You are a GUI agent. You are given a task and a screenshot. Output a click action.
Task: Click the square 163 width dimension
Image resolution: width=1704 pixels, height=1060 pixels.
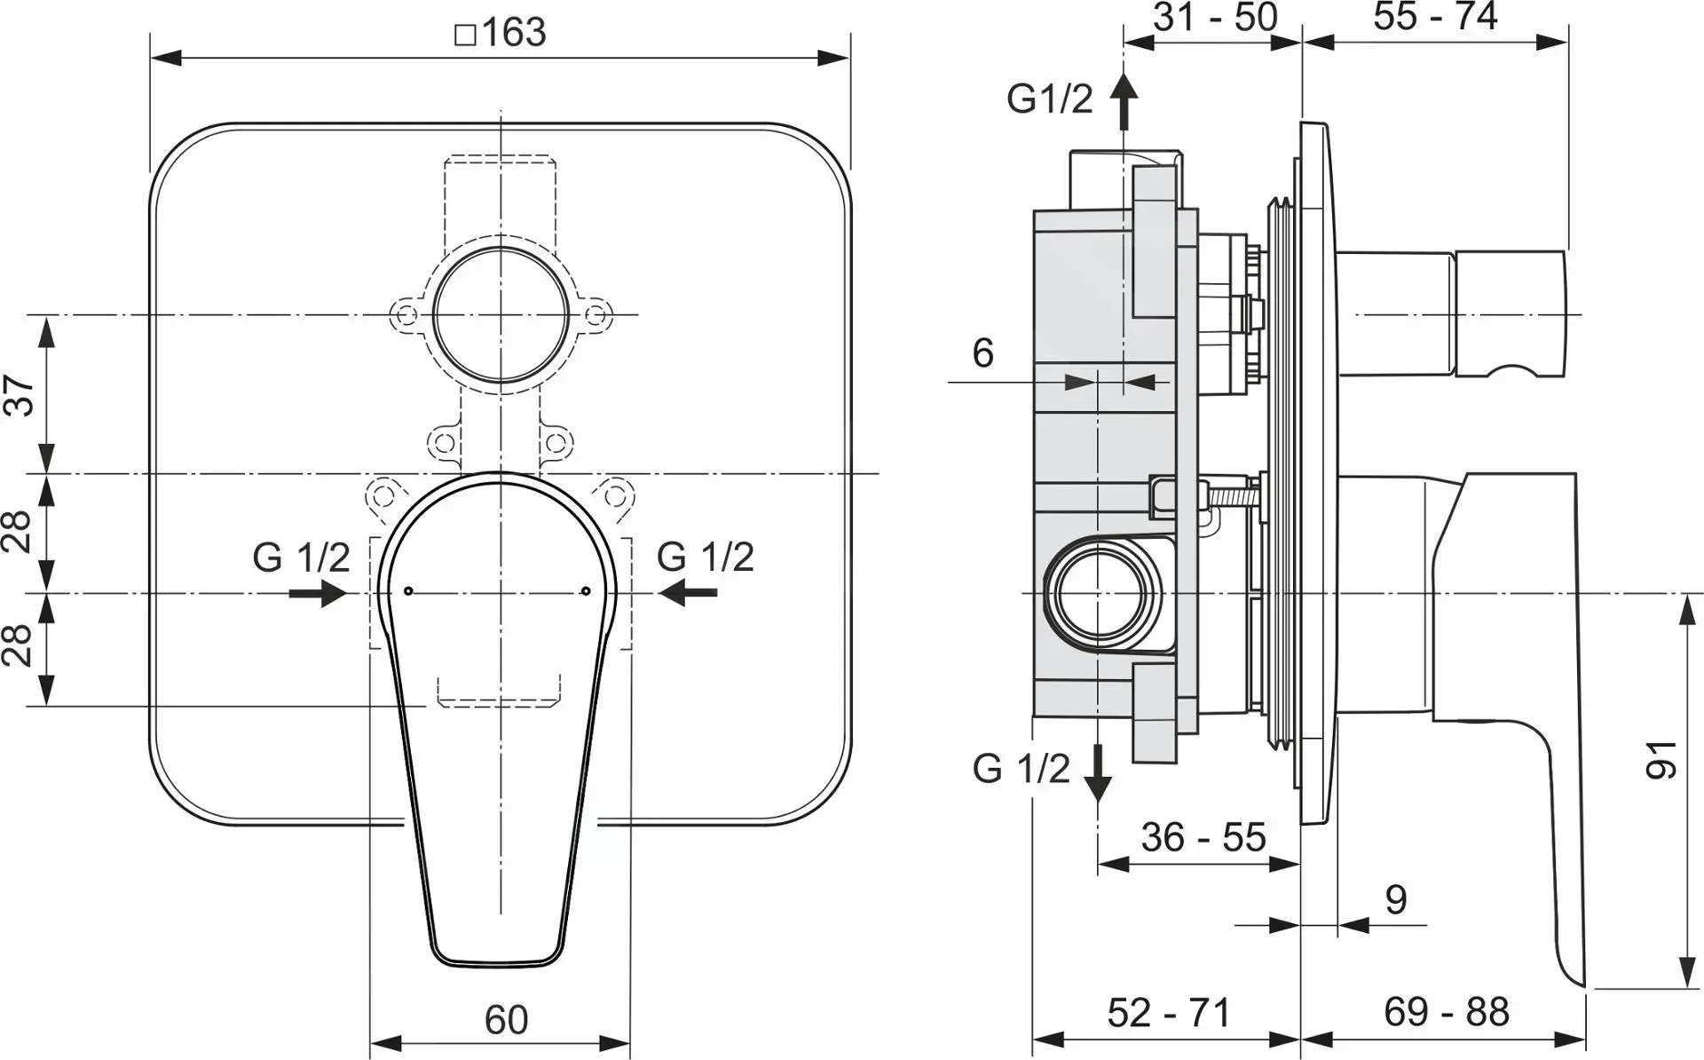pos(501,33)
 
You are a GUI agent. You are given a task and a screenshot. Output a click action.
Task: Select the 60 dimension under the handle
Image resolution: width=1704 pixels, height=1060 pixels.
pos(506,1019)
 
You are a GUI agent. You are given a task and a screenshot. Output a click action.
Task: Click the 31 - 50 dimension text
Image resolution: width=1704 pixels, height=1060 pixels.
pos(1215,17)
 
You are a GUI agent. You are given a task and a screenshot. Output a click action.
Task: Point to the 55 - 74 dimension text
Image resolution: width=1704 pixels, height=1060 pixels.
pos(1435,17)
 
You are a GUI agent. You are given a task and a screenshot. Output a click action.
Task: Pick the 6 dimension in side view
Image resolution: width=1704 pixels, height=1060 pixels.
pos(982,353)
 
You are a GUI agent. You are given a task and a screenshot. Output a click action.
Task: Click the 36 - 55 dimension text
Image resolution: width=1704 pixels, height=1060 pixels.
pos(1203,837)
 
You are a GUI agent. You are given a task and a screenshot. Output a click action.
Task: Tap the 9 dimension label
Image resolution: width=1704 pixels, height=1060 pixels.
pos(1396,900)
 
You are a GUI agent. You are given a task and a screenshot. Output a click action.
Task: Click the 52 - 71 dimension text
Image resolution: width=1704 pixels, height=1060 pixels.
pos(1169,1013)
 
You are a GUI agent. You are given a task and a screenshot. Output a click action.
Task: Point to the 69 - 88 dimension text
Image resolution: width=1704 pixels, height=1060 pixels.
pos(1446,1012)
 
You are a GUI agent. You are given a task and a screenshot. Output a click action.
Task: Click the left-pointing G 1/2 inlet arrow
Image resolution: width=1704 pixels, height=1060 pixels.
pos(689,592)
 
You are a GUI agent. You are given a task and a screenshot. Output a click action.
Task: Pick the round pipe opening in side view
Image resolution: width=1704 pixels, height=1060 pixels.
pos(1100,592)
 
